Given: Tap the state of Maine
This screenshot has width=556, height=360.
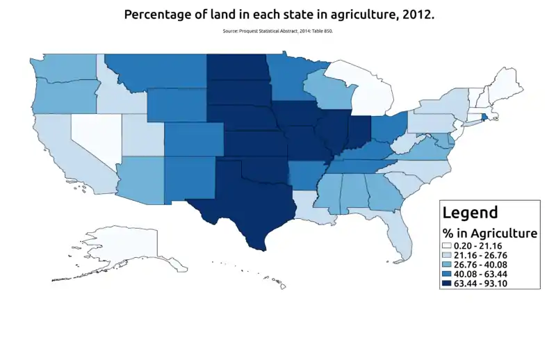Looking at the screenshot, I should pyautogui.click(x=510, y=82).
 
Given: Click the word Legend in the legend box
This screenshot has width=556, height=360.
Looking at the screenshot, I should pyautogui.click(x=471, y=213).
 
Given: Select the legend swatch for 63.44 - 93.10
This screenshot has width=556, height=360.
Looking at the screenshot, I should pyautogui.click(x=447, y=284).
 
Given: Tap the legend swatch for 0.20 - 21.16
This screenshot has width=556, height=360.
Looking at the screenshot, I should pyautogui.click(x=447, y=246).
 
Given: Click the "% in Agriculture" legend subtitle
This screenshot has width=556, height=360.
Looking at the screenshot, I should pyautogui.click(x=490, y=233).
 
